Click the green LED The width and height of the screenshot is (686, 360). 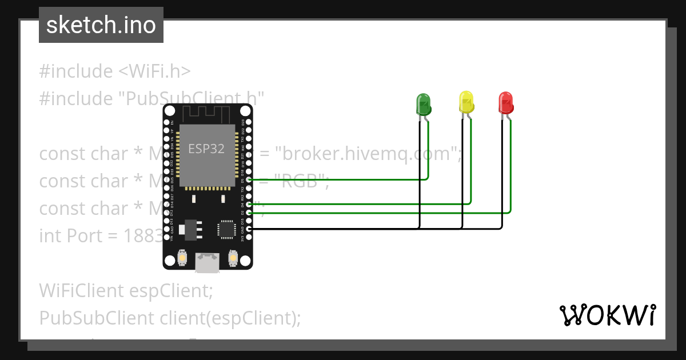pyautogui.click(x=423, y=104)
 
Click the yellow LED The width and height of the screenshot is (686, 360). pyautogui.click(x=466, y=102)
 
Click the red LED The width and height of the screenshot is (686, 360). pyautogui.click(x=506, y=103)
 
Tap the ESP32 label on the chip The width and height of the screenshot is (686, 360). pyautogui.click(x=206, y=149)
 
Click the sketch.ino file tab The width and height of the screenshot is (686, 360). pyautogui.click(x=101, y=25)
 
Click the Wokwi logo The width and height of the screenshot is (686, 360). pyautogui.click(x=607, y=315)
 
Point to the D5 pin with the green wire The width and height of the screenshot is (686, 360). pyautogui.click(x=248, y=179)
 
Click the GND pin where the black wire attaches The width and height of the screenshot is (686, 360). pyautogui.click(x=248, y=229)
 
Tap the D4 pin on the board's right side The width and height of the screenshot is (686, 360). pyautogui.click(x=248, y=204)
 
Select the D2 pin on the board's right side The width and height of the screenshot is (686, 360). pyautogui.click(x=248, y=212)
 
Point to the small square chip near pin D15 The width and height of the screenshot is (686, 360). pyautogui.click(x=226, y=229)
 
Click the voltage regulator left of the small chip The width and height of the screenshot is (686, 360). pyautogui.click(x=188, y=229)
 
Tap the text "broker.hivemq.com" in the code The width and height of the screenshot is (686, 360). pyautogui.click(x=368, y=154)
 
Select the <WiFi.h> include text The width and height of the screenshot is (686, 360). pyautogui.click(x=154, y=71)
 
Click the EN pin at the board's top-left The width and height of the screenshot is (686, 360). pyautogui.click(x=167, y=122)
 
